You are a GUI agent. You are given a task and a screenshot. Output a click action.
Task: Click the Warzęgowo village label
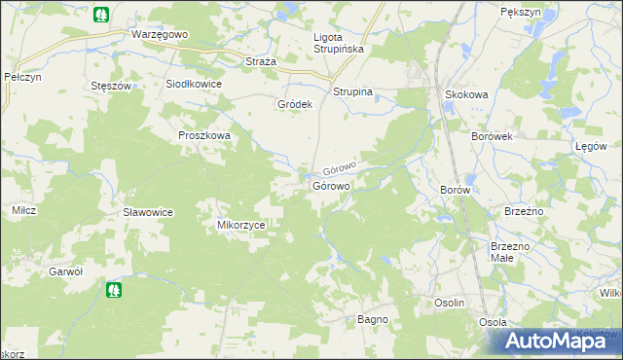159,33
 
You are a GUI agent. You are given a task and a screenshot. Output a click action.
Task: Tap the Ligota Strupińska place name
336,44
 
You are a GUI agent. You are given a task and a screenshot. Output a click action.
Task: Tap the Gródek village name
294,104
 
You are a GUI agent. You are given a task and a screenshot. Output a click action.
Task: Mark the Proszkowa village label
204,135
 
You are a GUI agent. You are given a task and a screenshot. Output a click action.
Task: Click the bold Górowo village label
331,186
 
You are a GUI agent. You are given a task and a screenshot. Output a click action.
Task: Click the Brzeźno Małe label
510,253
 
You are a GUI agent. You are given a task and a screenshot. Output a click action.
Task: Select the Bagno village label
373,319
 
